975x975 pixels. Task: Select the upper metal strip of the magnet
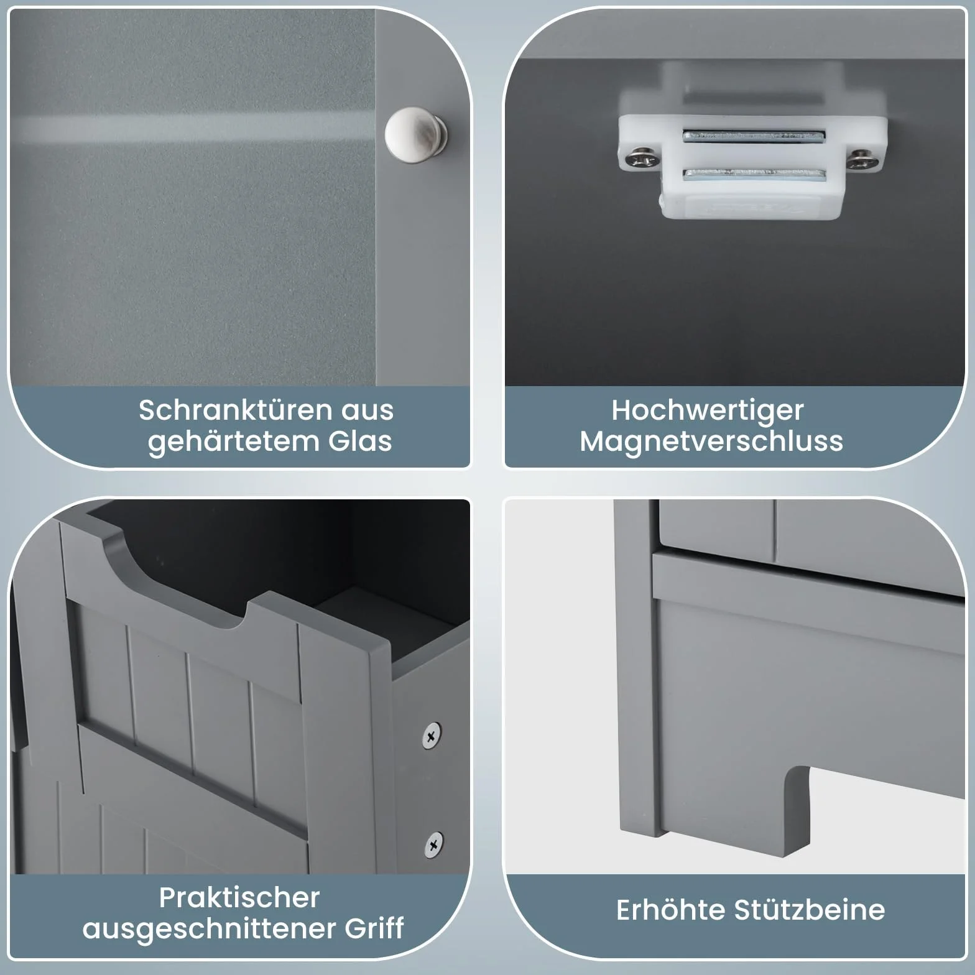[x=754, y=135]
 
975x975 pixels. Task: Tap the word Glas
[x=360, y=441]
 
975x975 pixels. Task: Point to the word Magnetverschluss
[x=711, y=441]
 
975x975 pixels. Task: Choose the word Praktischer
[x=239, y=897]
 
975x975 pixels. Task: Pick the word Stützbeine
[x=809, y=910]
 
